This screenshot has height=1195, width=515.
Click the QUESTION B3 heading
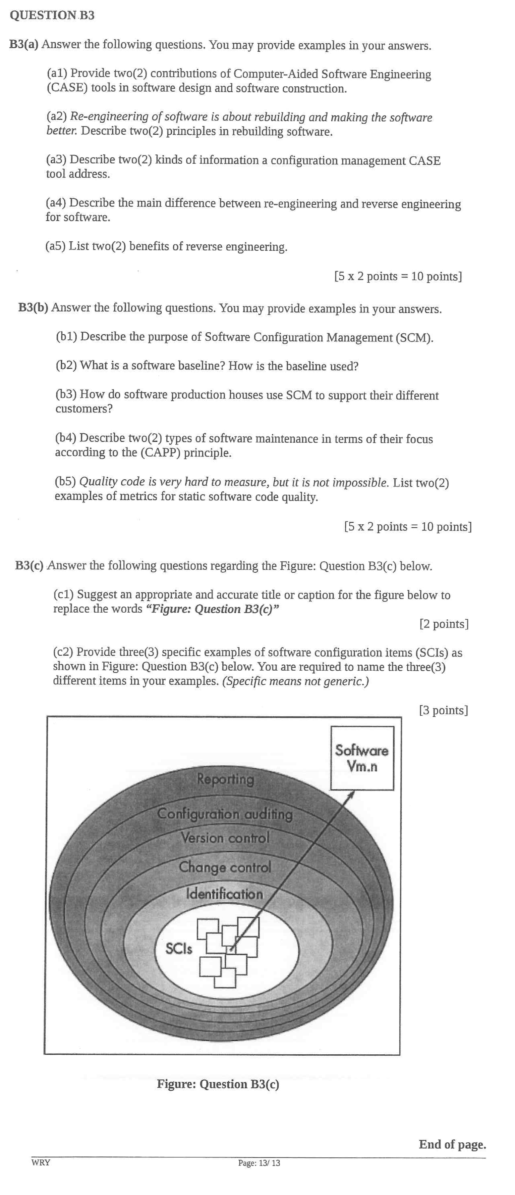point(52,15)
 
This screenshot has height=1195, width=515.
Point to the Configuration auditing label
point(225,814)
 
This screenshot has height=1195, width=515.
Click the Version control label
point(225,838)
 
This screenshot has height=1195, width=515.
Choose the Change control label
point(225,867)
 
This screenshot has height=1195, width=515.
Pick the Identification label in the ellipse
point(224,894)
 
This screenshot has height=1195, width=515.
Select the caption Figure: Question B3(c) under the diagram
point(218,1084)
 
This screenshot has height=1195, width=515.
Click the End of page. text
point(452,1144)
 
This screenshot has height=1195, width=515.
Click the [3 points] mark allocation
point(443,710)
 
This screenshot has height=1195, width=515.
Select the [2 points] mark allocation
point(444,624)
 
